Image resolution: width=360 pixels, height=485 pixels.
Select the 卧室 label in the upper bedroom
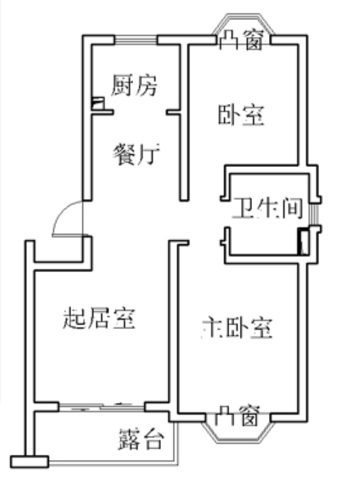[241, 115]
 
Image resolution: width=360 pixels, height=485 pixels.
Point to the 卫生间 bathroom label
[266, 209]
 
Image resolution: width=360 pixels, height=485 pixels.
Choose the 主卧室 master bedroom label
[237, 328]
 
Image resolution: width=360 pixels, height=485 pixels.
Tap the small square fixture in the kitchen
[98, 104]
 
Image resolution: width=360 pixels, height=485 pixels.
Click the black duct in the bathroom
[303, 240]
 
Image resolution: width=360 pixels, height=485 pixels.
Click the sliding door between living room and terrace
[102, 406]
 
